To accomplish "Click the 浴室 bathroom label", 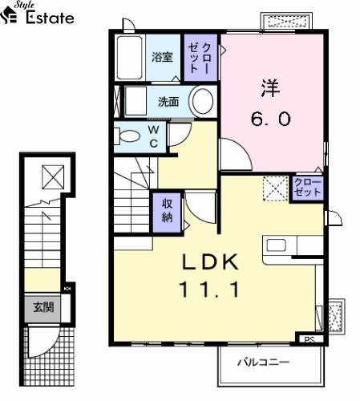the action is (162, 57).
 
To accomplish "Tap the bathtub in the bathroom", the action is (130, 58).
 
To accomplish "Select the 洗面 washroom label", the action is (168, 102).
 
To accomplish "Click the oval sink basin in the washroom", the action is (203, 102).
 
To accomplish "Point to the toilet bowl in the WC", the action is (129, 136).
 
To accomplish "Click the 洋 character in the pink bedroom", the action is (270, 87).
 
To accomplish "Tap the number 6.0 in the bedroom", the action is (270, 119).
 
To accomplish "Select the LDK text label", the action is (210, 262).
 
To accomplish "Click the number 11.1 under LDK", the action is (209, 290).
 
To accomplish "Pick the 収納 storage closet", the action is (167, 213).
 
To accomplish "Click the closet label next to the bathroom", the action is (200, 58).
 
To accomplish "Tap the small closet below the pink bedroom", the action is (307, 188).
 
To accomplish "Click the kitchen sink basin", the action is (277, 245).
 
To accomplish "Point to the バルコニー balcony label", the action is (263, 363).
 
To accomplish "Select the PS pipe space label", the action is (309, 340).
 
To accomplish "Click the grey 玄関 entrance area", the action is (42, 308).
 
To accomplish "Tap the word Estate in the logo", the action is (50, 18).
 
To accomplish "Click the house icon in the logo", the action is (9, 15).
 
